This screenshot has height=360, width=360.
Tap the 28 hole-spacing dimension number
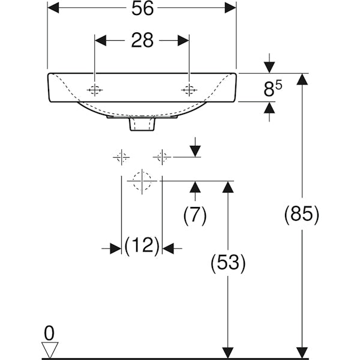tap(142, 41)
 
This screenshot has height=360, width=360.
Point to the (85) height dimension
tap(301, 214)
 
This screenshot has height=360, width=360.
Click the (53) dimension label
tap(227, 262)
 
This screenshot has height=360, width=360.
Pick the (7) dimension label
tap(194, 214)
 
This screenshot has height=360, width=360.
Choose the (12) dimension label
tap(142, 245)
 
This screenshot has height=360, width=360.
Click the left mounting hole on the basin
tap(94, 90)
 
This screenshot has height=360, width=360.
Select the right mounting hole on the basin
tap(189, 90)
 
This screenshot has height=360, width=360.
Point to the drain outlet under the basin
tap(142, 123)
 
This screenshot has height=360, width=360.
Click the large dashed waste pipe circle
tap(142, 180)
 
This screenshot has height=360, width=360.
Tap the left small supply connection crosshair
tap(122, 157)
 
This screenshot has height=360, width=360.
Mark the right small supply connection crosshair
tap(161, 157)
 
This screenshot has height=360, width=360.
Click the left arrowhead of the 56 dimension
tap(53, 8)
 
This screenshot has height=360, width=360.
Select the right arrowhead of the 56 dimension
tap(230, 8)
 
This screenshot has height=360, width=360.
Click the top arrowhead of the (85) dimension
tap(301, 79)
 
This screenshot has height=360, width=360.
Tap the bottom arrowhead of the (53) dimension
tap(227, 352)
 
